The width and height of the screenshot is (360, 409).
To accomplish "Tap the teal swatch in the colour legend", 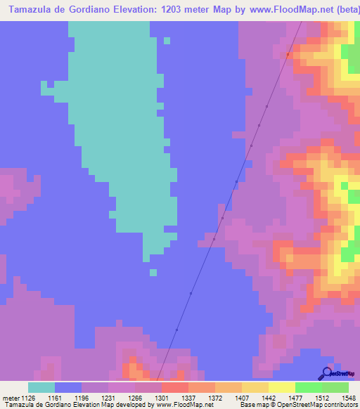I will click(x=41, y=387).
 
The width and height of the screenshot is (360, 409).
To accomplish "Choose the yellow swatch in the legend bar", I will click(x=281, y=387).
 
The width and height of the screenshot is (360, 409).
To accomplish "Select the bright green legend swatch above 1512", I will click(x=308, y=387).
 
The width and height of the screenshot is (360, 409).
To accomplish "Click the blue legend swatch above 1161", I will click(x=68, y=387).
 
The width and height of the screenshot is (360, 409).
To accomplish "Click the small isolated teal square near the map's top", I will click(x=167, y=40).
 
